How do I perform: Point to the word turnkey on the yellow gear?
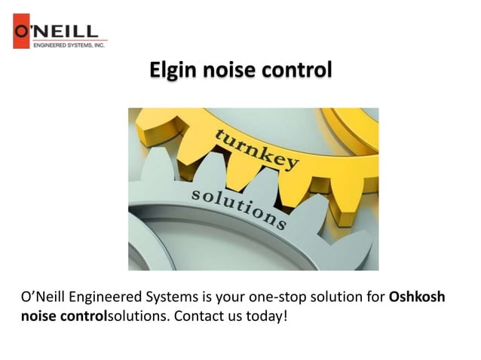click(257, 148)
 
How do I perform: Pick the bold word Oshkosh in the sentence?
click(417, 297)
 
